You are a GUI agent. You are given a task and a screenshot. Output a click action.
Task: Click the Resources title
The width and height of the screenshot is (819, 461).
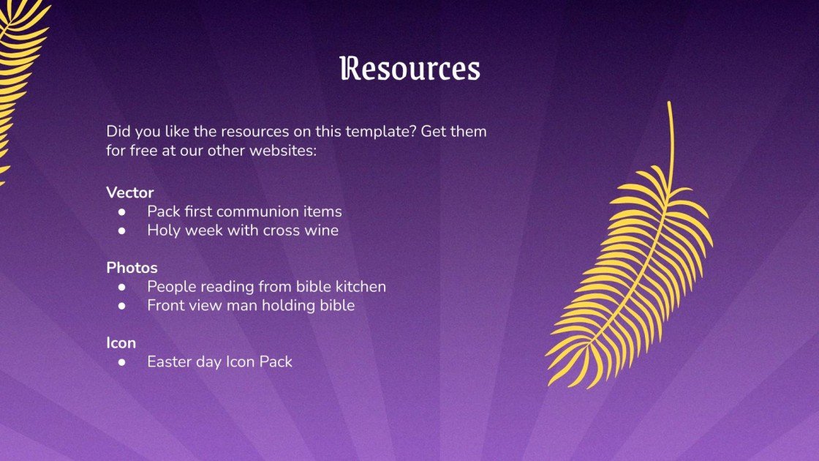409,69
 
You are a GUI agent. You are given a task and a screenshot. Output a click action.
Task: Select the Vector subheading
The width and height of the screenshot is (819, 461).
130,192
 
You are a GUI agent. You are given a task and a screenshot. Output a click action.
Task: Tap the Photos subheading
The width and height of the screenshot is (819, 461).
132,268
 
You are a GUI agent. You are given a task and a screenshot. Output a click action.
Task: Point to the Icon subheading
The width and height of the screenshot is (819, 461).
121,342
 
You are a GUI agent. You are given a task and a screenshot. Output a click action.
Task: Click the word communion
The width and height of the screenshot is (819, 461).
258,211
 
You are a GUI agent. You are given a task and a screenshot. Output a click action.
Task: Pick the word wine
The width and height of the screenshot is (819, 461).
322,230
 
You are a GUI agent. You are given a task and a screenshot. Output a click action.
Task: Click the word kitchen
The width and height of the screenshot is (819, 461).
360,287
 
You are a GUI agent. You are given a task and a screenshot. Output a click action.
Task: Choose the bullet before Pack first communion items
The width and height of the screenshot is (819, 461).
123,211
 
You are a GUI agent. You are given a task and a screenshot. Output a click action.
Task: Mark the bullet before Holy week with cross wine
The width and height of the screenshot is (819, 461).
123,230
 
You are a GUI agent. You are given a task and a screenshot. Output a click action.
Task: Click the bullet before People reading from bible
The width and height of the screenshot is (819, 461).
123,287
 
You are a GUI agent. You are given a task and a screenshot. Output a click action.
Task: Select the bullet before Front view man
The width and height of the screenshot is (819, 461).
123,306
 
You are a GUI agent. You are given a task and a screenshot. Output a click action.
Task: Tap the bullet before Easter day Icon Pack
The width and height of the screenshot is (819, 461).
123,361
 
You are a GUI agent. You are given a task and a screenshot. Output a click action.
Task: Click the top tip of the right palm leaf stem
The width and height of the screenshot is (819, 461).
669,104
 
